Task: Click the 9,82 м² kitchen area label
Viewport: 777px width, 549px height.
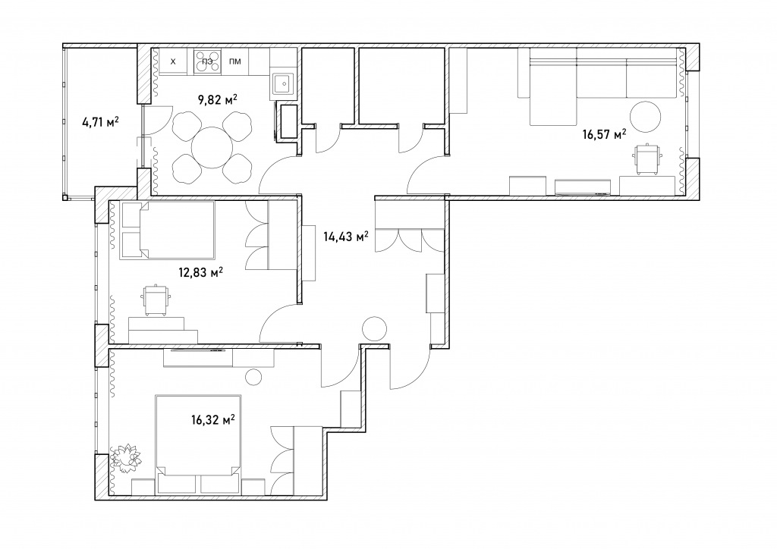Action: coord(218,100)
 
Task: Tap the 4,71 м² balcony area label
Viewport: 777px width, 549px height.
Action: coord(100,121)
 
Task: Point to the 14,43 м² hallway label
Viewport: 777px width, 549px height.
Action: coord(346,237)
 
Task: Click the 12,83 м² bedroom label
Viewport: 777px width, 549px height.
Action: coord(200,272)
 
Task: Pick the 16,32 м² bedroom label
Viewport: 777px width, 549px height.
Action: coord(212,420)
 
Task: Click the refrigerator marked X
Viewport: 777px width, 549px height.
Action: coord(172,62)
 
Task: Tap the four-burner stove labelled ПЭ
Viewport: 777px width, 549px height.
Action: coord(208,62)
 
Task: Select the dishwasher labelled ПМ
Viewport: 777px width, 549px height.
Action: coord(235,62)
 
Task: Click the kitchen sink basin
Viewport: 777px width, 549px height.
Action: coord(284,84)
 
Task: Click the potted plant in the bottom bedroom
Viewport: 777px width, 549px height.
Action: coord(126,456)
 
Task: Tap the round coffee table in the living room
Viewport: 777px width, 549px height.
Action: coord(645,116)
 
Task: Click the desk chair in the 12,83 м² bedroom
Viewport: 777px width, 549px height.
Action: coord(156,300)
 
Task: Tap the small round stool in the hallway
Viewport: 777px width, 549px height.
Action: coord(374,328)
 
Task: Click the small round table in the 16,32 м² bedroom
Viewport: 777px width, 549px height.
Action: coord(253,377)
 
